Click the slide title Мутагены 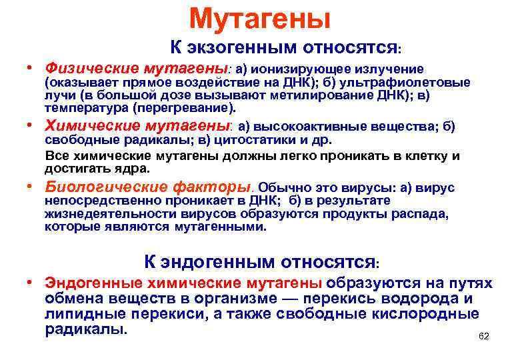tap(260, 18)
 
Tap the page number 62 tap(484, 337)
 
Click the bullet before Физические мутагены tap(31, 68)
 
